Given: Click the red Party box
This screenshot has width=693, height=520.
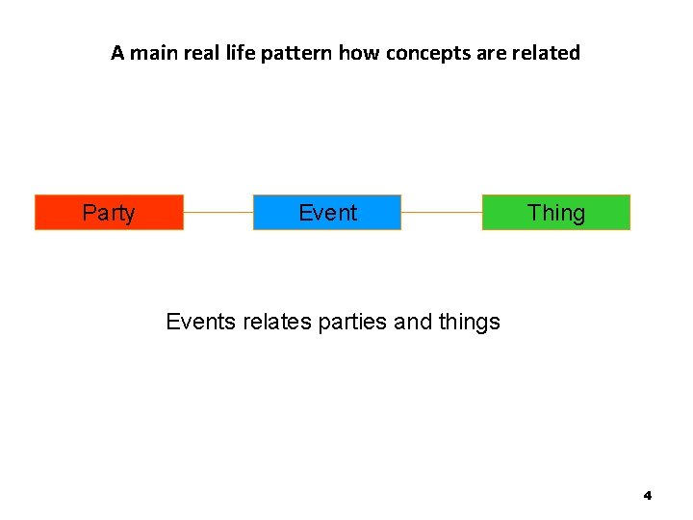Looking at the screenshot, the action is (x=109, y=213).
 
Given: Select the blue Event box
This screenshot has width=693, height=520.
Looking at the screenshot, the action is (x=327, y=213).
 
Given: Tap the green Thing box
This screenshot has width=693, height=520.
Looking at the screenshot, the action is (x=555, y=213).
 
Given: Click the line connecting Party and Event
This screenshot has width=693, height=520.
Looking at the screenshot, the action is (x=218, y=213).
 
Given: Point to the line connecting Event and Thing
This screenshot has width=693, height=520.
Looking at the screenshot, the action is (x=441, y=213).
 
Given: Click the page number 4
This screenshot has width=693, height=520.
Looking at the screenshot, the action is (x=647, y=495).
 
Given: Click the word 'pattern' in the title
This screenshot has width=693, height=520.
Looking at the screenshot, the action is (x=297, y=53).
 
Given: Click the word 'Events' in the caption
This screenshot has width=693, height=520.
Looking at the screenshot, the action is (x=195, y=322).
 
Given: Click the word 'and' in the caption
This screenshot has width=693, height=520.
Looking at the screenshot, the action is (x=413, y=322).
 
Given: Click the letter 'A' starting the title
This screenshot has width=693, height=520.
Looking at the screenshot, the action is (x=117, y=53).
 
